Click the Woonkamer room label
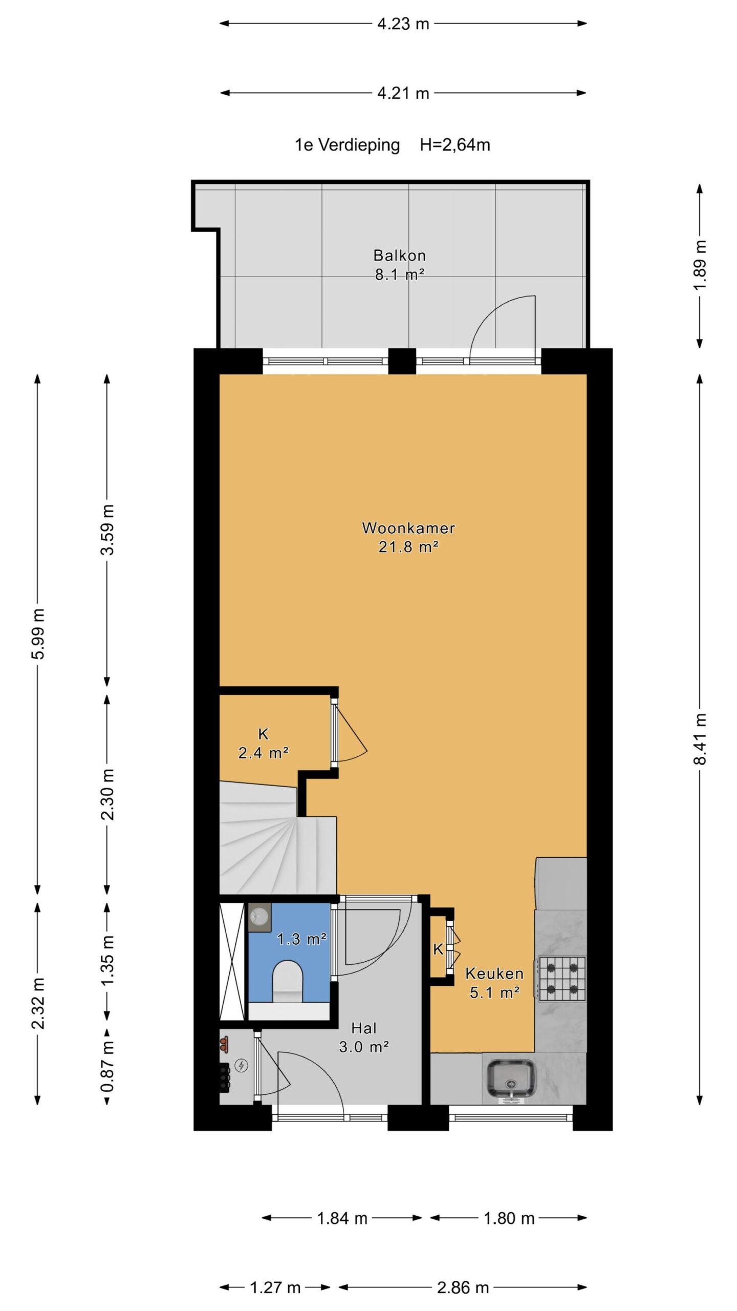click(x=408, y=528)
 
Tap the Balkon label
click(x=399, y=255)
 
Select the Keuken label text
click(x=494, y=974)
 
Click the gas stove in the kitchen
click(x=561, y=978)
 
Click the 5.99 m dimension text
click(x=38, y=633)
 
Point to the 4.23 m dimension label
click(x=403, y=24)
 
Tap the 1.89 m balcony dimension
click(x=700, y=265)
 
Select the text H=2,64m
click(x=455, y=145)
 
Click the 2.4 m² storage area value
click(x=264, y=753)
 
